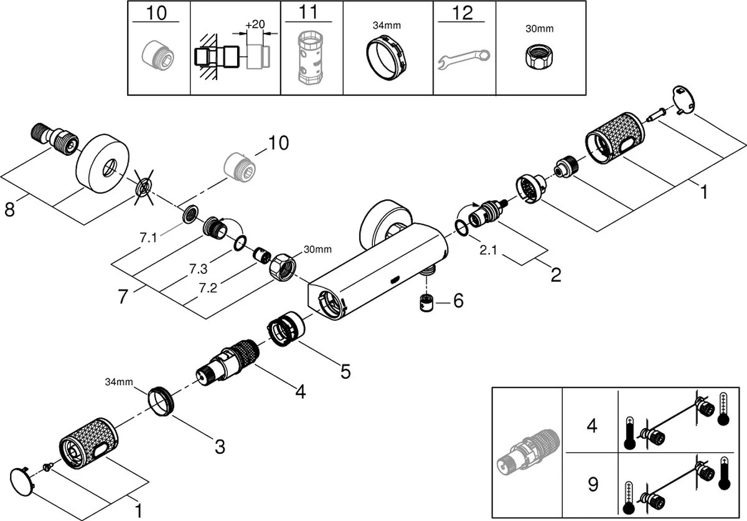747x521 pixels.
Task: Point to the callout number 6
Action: pyautogui.click(x=458, y=301)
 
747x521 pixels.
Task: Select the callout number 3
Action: pyautogui.click(x=219, y=446)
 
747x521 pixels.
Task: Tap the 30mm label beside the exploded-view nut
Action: pyautogui.click(x=317, y=250)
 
